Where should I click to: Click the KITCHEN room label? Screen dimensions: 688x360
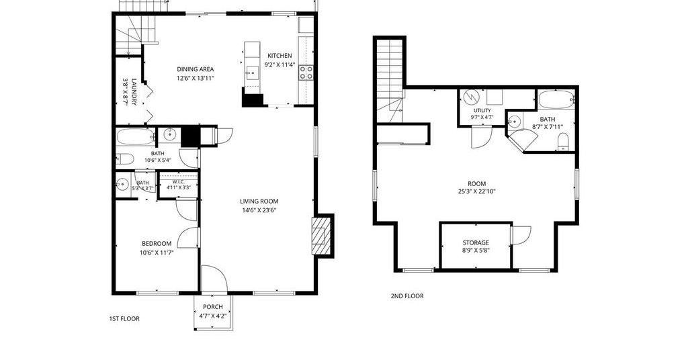[x=279, y=56]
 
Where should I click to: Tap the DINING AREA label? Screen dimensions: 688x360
[x=196, y=69]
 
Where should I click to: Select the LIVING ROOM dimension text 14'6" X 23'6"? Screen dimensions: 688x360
[x=259, y=210]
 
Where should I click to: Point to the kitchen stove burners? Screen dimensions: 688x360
[x=306, y=73]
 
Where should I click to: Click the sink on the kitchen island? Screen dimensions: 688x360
[x=253, y=73]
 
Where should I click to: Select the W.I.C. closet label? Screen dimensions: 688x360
[x=178, y=182]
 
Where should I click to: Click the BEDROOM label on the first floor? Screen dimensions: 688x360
[x=156, y=244]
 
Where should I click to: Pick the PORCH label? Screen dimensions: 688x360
[x=213, y=307]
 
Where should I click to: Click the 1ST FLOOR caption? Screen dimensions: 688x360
[x=124, y=319]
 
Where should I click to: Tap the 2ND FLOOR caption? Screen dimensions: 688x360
[x=407, y=296]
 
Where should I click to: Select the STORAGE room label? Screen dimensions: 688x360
[x=476, y=242]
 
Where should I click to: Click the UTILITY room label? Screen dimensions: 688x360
[x=482, y=111]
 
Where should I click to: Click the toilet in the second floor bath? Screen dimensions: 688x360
[x=562, y=142]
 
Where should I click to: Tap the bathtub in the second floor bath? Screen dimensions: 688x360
[x=556, y=99]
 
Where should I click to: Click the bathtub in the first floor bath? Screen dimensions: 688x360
[x=136, y=137]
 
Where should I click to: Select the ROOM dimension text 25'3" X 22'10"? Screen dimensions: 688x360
[x=476, y=191]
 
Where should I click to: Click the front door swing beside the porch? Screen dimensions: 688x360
[x=214, y=278]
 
